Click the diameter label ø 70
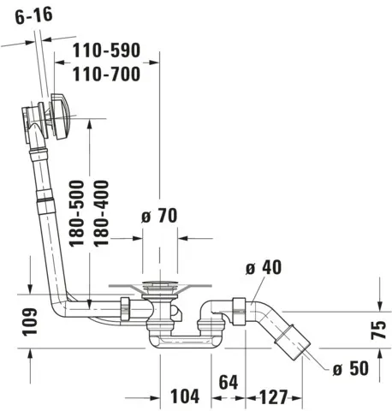157,217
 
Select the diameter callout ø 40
263,268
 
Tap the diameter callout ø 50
349,368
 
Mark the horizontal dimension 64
227,381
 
